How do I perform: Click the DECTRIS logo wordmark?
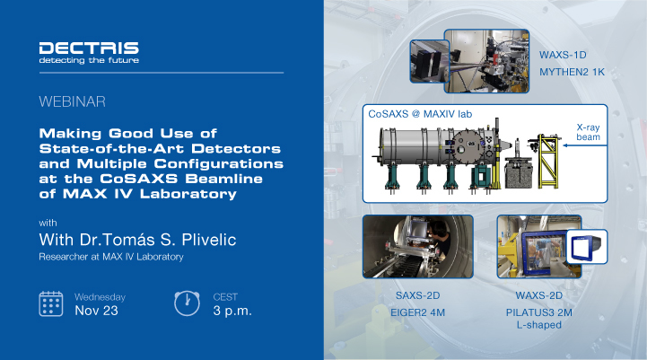click(89, 47)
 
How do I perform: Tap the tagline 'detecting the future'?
click(89, 61)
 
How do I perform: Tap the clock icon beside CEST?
click(186, 303)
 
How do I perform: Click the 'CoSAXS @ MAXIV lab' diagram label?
click(420, 116)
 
